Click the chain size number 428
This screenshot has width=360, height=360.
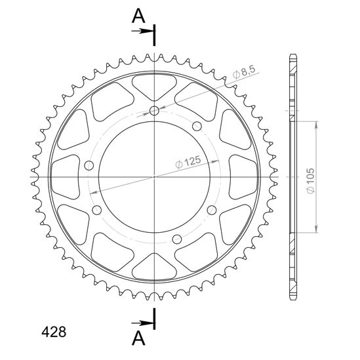(x=54, y=332)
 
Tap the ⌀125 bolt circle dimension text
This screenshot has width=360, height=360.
(x=188, y=162)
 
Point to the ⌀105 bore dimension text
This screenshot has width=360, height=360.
(x=310, y=181)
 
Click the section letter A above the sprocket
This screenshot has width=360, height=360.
(x=138, y=16)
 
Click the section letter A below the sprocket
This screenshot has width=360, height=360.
(x=138, y=338)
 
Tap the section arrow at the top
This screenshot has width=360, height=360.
(x=143, y=31)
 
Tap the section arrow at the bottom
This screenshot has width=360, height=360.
(x=143, y=323)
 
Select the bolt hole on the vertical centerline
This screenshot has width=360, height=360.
(x=154, y=111)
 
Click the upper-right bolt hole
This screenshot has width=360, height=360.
(x=197, y=126)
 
